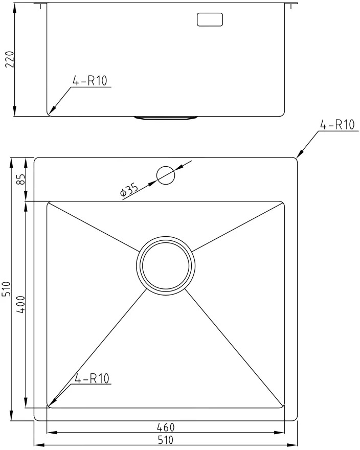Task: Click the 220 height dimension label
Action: tap(10, 59)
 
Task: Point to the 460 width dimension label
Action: tap(166, 427)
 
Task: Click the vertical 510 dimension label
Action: tap(6, 289)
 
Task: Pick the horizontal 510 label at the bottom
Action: tap(165, 440)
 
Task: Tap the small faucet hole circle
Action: tap(166, 175)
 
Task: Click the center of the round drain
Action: tap(166, 265)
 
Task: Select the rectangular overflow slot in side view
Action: tap(210, 19)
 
